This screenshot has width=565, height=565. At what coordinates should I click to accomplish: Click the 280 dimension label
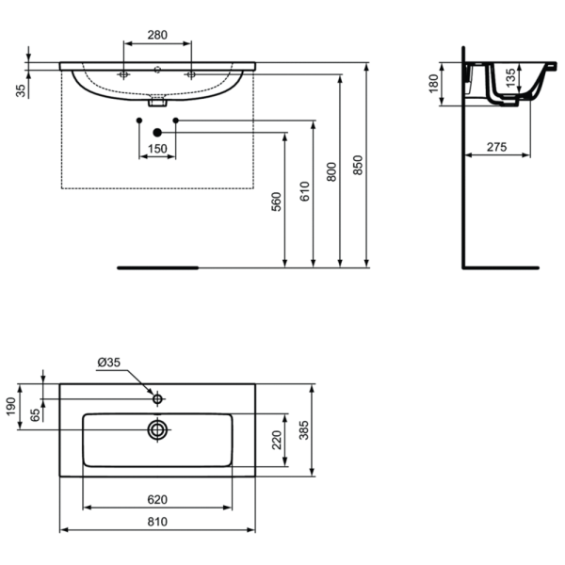pos(157,35)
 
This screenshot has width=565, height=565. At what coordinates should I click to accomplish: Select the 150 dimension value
pos(156,149)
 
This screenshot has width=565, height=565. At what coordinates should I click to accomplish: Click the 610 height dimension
pos(304,192)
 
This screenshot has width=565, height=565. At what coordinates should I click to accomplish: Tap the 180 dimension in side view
pos(434,84)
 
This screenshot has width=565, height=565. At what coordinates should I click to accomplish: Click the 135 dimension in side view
pos(509,76)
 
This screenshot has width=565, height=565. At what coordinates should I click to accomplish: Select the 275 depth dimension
pos(497,146)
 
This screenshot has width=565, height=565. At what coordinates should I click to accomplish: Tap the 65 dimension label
pos(36,413)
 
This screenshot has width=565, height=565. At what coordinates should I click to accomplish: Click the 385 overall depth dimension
pos(304,430)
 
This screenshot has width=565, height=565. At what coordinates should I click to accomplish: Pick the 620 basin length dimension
pos(156,499)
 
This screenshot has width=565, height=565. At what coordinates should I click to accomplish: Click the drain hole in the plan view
pos(157,430)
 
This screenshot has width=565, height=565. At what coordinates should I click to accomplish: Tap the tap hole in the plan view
pos(157,399)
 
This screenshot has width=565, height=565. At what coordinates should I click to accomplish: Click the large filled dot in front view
pos(157,133)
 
